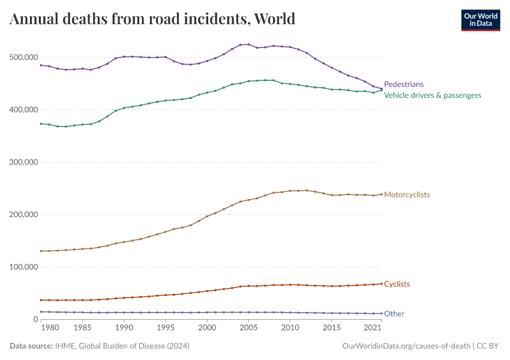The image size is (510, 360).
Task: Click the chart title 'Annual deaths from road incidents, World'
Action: (152, 19)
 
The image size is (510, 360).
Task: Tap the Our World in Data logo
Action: (480, 19)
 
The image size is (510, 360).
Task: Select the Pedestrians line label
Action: (404, 85)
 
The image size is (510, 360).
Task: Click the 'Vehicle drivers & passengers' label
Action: (432, 95)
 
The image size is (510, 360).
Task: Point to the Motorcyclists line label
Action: (407, 195)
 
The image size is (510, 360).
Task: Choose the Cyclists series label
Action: (397, 284)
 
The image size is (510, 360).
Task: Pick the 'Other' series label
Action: (394, 314)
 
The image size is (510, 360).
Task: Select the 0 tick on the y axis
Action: (35, 319)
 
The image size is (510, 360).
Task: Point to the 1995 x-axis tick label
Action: (166, 328)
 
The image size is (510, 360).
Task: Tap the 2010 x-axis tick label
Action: (290, 328)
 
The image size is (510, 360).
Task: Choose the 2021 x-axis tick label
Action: (373, 328)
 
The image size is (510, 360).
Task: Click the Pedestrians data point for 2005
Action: (248, 44)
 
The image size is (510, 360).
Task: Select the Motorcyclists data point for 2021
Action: (382, 194)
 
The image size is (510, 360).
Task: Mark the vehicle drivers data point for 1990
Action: (124, 108)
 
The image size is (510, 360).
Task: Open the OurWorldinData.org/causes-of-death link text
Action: (406, 346)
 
